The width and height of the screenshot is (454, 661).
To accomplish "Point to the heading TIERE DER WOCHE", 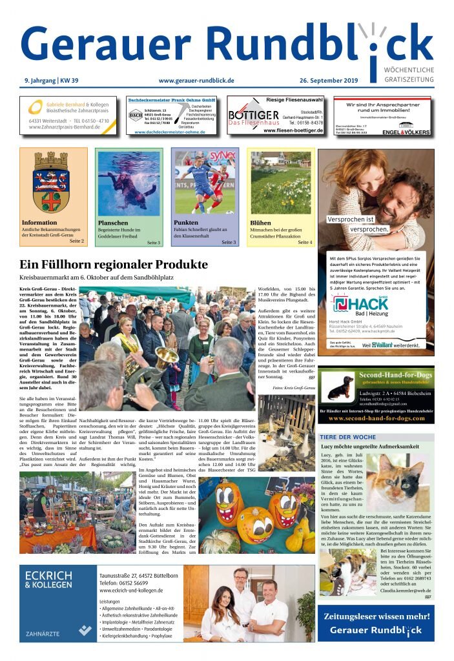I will pos(347,437).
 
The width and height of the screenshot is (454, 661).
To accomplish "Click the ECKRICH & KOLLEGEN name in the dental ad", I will pos(48,580).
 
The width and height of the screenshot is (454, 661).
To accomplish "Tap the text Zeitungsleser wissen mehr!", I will pos(377,616).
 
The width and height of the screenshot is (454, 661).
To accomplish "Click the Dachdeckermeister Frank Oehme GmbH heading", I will pos(171,100).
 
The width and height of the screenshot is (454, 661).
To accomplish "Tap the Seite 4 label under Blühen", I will pos(305,242).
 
